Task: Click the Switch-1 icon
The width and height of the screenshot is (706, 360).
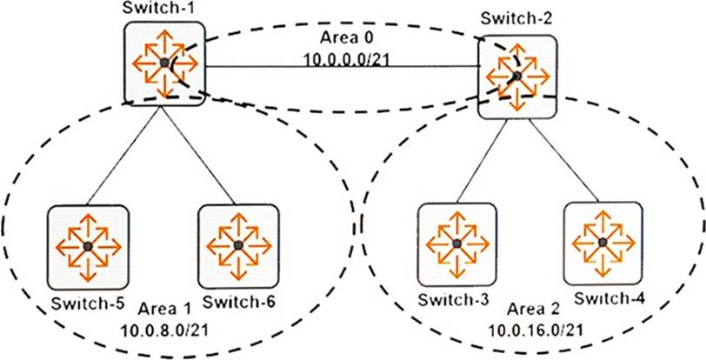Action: click(x=163, y=63)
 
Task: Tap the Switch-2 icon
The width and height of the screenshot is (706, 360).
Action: click(x=516, y=77)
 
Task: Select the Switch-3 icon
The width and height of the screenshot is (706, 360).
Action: click(x=456, y=243)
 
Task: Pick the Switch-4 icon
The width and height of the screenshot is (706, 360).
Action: click(x=603, y=242)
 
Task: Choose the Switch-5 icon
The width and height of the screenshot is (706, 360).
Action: click(x=88, y=247)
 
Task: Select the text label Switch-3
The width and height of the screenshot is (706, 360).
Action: click(x=454, y=300)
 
